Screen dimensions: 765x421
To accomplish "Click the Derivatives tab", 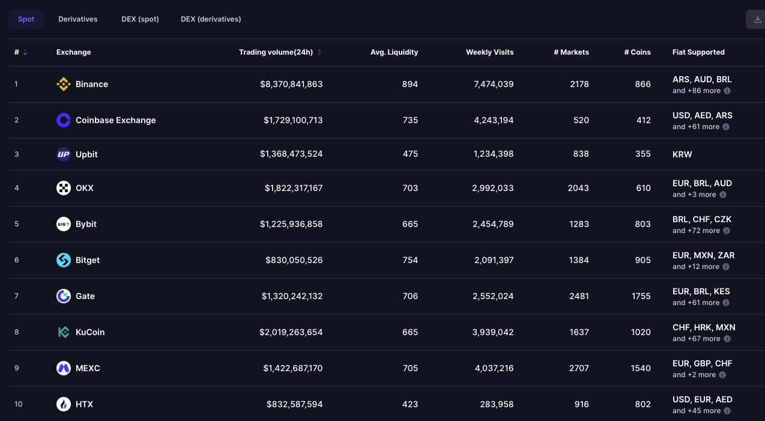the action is coord(78,19).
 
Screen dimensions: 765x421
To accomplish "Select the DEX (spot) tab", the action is coord(140,19).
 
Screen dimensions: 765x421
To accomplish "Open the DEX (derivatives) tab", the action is coord(211,19).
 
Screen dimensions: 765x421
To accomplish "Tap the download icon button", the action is coord(757,19).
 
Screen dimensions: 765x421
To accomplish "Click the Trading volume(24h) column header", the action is coord(276,52).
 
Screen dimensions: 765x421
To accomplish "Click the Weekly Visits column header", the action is coord(490,52).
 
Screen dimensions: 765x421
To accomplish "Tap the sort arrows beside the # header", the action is coord(25,53).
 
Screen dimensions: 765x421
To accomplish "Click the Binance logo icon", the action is coord(64,84).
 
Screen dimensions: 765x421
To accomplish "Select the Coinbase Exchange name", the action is coord(115,120).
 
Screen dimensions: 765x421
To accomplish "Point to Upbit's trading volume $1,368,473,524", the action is coord(291,154).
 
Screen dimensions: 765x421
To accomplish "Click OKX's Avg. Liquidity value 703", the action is coord(410,188).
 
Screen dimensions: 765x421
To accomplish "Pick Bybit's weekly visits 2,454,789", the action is coord(493,224).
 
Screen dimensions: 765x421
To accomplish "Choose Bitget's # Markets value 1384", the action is coord(579,260).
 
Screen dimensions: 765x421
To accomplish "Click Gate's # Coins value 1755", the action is coord(641,296).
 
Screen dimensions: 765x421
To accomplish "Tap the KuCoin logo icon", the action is coord(64,332).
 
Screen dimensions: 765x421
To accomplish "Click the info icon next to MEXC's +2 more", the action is coord(722,375).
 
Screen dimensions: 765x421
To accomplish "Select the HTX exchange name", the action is coord(84,404).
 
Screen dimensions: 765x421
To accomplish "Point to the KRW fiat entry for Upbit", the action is coord(682,154).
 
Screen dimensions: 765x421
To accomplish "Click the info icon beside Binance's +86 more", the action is coord(727,91).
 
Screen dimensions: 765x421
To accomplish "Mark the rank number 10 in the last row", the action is coord(19,404).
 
